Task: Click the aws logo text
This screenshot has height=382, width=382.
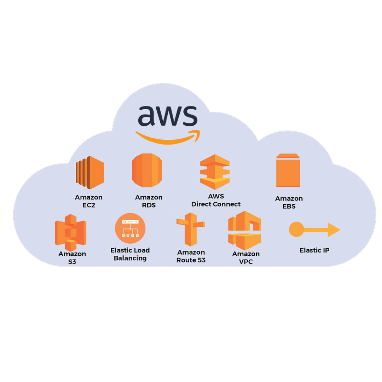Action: click(168, 116)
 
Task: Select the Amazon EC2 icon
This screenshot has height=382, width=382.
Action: click(90, 173)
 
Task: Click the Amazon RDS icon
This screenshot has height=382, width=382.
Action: click(147, 170)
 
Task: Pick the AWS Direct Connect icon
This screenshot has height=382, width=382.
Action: click(215, 172)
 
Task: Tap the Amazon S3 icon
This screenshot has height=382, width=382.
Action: click(71, 232)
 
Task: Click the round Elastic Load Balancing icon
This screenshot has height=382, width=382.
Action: click(130, 228)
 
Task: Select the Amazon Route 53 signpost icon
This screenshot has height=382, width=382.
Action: click(191, 229)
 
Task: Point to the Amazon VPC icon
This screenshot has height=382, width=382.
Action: click(244, 231)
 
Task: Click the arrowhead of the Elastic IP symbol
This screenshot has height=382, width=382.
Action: click(333, 230)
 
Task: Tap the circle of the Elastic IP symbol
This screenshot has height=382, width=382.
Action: click(296, 229)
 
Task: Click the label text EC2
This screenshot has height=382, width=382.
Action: click(88, 205)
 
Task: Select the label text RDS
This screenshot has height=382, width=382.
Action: click(149, 205)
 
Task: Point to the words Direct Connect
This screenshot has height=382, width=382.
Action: click(216, 204)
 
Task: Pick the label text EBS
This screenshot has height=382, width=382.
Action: click(289, 206)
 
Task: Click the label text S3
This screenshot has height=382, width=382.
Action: click(72, 262)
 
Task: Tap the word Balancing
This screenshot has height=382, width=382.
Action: click(130, 258)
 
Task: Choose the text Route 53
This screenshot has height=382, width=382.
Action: click(191, 260)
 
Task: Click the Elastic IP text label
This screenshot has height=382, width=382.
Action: click(314, 250)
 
